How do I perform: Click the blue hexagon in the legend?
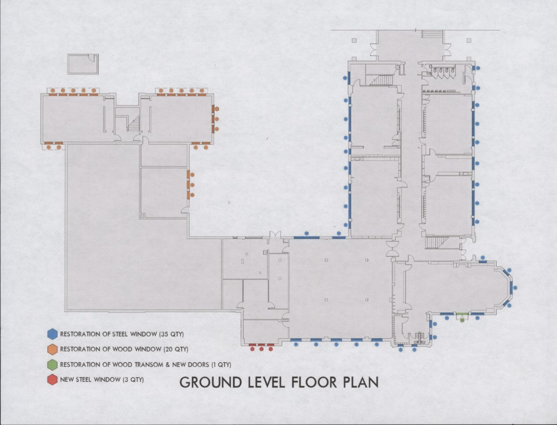coord(52,334)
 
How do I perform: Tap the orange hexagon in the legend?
coord(52,349)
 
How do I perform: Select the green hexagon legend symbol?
coord(52,364)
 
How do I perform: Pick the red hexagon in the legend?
coord(52,380)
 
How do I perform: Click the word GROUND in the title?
coord(210,382)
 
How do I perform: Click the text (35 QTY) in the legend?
coord(171,334)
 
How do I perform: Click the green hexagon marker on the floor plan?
coord(462,321)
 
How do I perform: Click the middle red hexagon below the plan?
coord(262,349)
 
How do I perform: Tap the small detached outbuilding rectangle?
coord(83,64)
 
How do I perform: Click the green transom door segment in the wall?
coord(462,314)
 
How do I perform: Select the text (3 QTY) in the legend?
coord(133,380)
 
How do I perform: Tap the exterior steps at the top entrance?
coord(432,34)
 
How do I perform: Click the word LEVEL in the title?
coord(266,382)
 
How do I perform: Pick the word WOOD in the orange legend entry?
coord(123,349)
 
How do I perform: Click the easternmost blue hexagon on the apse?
coord(515,288)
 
